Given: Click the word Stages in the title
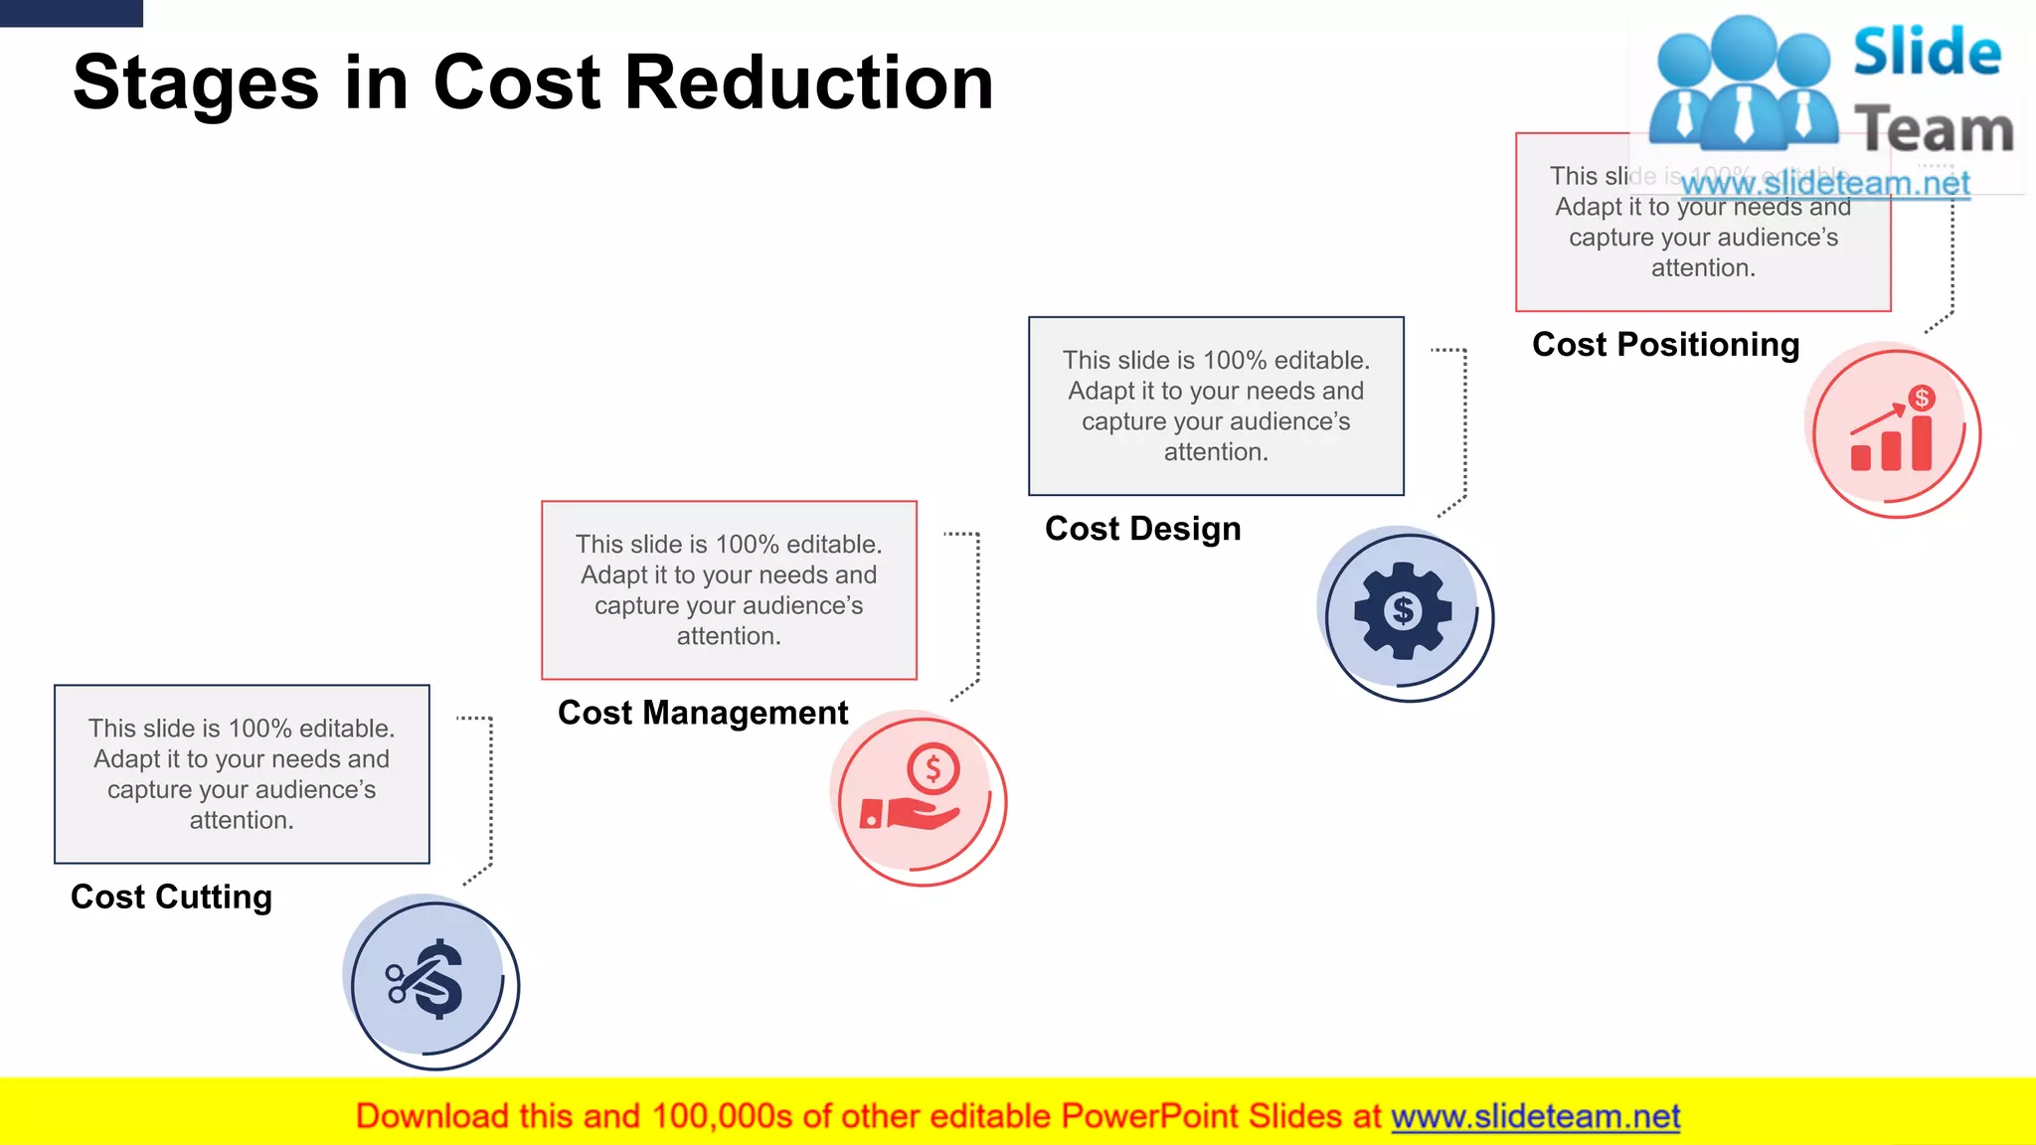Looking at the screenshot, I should coord(196,84).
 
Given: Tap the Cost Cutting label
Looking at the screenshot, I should coord(171,897).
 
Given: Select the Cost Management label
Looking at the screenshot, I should coord(703,713).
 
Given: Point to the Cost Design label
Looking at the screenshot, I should coord(1142,529).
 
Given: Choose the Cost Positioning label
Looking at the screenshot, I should coord(1665,345).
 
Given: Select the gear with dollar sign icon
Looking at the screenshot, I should coord(1403,610).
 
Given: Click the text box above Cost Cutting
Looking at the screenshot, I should coord(242,774).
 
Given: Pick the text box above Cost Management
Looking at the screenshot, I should coord(729,590).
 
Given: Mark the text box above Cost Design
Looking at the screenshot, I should coord(1216,406).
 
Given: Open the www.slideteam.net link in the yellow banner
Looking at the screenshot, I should coord(1535,1117).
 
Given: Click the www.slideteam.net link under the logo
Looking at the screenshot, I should coord(1825,184).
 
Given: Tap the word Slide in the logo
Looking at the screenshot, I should coord(1927,52).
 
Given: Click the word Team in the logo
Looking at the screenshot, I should coord(1934,130).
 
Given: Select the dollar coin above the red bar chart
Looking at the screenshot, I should coord(1922,399).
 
